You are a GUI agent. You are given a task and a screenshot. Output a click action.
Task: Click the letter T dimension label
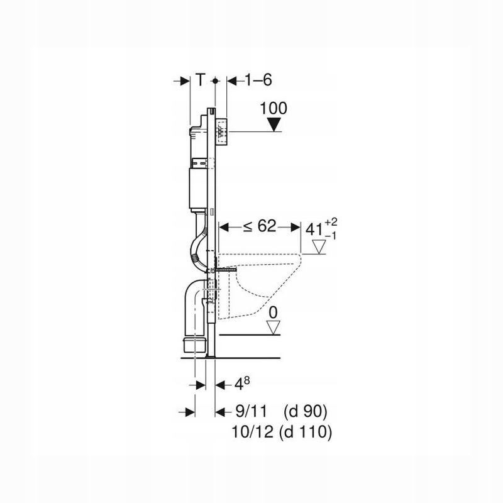pyautogui.click(x=200, y=80)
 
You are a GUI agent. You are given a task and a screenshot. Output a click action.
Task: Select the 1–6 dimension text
pyautogui.click(x=258, y=80)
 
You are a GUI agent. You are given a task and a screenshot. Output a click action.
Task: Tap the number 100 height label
pyautogui.click(x=274, y=108)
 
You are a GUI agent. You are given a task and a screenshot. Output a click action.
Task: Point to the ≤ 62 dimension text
pyautogui.click(x=259, y=226)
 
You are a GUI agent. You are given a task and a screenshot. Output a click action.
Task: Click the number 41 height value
pyautogui.click(x=314, y=229)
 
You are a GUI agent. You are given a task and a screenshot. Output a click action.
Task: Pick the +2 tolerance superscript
pyautogui.click(x=331, y=222)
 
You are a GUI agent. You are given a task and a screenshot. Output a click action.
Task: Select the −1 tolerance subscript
pyautogui.click(x=331, y=236)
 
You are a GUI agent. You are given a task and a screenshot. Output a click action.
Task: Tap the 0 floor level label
pyautogui.click(x=273, y=312)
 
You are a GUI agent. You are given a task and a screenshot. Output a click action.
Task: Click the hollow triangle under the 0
pyautogui.click(x=274, y=328)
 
